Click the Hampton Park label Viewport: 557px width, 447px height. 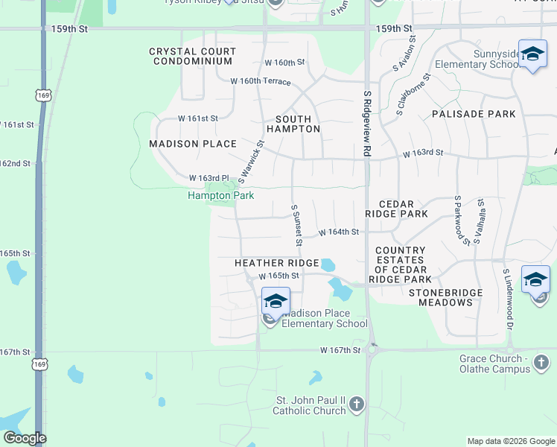click(220, 195)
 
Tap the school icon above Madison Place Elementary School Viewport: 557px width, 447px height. click(276, 301)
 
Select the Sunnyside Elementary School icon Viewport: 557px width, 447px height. click(532, 54)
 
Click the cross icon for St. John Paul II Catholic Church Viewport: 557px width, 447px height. click(357, 404)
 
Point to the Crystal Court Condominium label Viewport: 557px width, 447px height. click(192, 57)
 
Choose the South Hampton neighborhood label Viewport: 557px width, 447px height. click(298, 124)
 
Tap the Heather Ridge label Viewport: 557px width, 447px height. click(276, 263)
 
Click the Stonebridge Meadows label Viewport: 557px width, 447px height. click(446, 297)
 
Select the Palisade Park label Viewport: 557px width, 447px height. click(474, 114)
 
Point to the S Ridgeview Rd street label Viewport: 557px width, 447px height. click(367, 124)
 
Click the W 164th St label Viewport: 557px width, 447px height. click(339, 232)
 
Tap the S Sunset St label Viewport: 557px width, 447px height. click(296, 225)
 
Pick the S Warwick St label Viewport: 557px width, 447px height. click(251, 162)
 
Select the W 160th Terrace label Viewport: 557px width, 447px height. click(260, 80)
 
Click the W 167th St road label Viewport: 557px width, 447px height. click(340, 349)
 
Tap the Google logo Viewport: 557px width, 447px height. click(25, 438)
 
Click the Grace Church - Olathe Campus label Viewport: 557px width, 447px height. click(495, 364)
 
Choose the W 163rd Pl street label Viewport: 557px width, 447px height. click(209, 178)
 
